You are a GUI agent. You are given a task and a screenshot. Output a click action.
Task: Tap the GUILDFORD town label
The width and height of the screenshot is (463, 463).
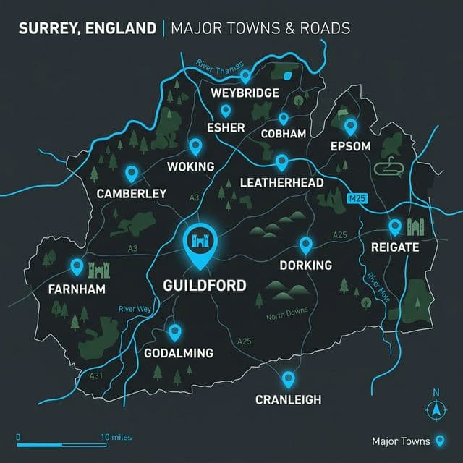(205, 284)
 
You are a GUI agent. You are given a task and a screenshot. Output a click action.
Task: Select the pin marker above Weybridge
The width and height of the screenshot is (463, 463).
(245, 75)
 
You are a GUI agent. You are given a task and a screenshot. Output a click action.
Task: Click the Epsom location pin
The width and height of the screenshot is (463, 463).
(351, 127)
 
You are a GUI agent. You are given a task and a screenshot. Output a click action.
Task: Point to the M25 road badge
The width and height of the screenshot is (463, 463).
(357, 197)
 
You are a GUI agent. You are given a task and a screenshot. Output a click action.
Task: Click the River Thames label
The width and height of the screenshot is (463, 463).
(219, 67)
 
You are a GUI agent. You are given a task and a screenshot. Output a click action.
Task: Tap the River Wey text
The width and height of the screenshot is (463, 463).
(135, 309)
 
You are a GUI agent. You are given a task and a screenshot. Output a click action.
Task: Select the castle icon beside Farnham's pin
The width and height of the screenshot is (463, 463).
(98, 271)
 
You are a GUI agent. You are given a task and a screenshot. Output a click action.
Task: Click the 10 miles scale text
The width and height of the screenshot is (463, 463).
(116, 437)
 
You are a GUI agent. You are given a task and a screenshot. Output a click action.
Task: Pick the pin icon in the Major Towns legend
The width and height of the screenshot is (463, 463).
(438, 441)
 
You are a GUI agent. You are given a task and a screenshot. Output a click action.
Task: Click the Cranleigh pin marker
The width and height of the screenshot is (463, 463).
(288, 378)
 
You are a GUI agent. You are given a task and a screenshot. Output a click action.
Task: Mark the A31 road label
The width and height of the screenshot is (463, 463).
(96, 376)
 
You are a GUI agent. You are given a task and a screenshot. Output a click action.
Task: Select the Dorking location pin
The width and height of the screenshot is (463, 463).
(305, 245)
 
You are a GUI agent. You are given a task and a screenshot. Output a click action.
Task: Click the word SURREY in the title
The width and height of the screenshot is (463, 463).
(49, 29)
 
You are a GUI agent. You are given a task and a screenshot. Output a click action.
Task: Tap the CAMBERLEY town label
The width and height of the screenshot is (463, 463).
(132, 194)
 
